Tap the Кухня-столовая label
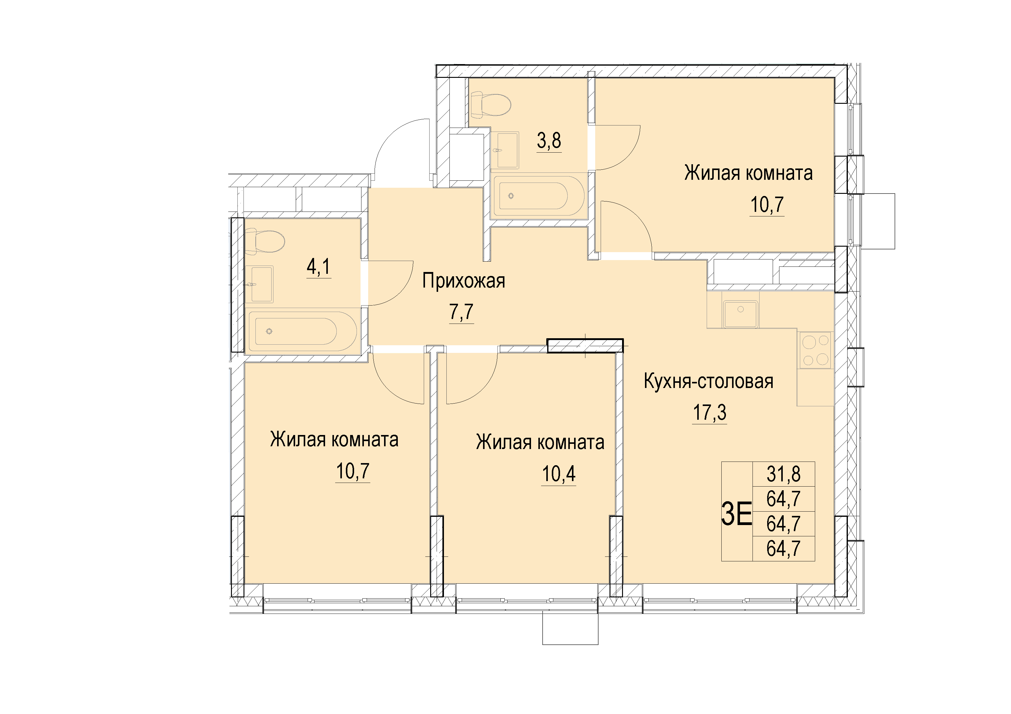coord(709,381)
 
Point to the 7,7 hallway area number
coord(461,312)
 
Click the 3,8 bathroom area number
coord(549,141)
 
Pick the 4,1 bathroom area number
coord(318,266)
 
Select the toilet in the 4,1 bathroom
coord(265,241)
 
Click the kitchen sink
coord(741,314)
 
